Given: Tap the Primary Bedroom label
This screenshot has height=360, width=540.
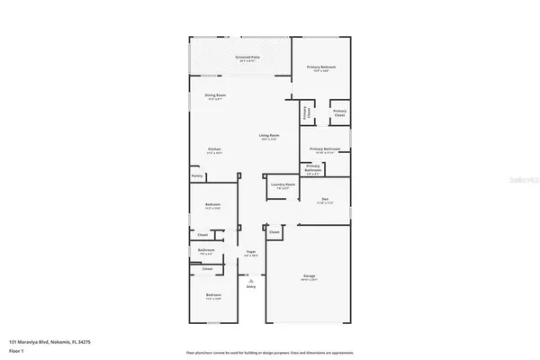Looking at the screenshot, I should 321,67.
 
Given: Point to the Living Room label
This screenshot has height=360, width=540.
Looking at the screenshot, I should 270,135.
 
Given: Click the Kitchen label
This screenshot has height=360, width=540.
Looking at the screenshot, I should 214,148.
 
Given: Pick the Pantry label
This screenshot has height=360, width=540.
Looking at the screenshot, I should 197,176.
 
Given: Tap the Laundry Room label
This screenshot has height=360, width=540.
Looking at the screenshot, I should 281,185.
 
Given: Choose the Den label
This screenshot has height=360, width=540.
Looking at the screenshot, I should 324,200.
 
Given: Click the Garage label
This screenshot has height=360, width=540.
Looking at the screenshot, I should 309,274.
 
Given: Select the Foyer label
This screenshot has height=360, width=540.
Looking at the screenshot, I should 251,252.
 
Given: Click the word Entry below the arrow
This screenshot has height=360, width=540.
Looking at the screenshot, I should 251,286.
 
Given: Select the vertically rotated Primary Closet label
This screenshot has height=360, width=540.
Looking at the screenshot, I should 306,114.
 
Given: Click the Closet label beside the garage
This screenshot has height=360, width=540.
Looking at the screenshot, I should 274,231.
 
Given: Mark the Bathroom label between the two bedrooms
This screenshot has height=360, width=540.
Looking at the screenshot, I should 206,250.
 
